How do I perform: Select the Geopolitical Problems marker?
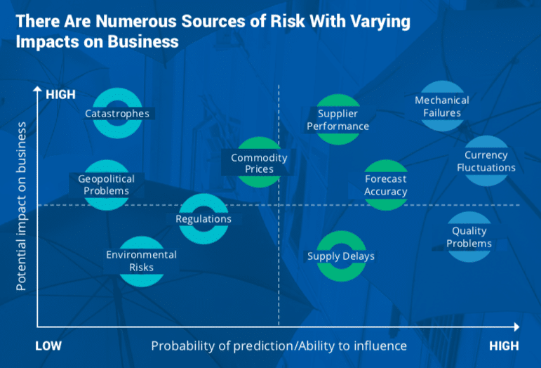pos(107,185)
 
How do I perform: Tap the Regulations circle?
pos(203,218)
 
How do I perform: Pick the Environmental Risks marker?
pos(141,261)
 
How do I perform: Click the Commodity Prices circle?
pos(259,163)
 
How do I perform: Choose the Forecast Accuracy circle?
pos(385,185)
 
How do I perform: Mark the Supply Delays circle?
pos(341,256)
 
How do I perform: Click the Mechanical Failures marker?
pos(442,106)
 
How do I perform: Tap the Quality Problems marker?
pos(469,237)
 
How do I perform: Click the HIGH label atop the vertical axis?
pos(60,93)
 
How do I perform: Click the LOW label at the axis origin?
pos(48,346)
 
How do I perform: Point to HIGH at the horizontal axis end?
pos(504,346)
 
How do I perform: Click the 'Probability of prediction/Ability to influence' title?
pos(279,346)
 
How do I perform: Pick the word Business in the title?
pos(145,41)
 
